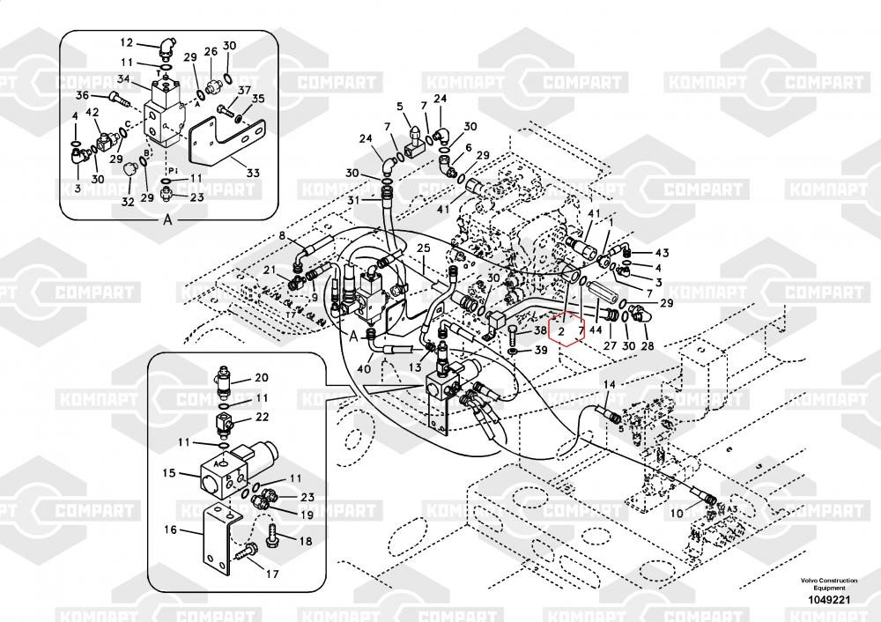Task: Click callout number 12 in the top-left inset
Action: point(126,42)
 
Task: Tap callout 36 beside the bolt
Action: point(81,95)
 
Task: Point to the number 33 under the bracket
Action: point(253,173)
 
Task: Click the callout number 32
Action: point(128,202)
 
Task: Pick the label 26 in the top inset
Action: point(211,52)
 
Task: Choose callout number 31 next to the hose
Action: point(352,201)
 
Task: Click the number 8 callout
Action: point(283,235)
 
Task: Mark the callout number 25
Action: point(423,249)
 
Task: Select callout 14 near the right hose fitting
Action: point(609,384)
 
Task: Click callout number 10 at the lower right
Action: point(676,513)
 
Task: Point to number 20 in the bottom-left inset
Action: point(261,378)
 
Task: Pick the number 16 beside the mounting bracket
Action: point(171,529)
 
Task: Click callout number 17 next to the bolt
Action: point(272,574)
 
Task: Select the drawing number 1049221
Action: point(827,600)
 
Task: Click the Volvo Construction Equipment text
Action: point(827,583)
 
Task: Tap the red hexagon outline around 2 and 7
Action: point(566,330)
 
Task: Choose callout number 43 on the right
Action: point(662,253)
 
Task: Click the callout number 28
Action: point(647,345)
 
